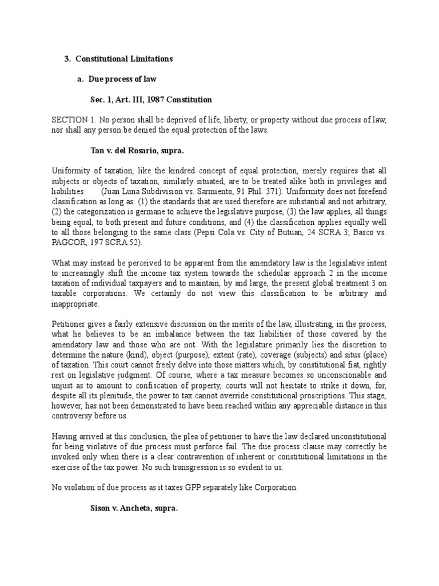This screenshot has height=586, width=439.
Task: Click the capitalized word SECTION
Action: (68, 120)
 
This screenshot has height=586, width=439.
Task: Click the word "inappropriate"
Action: (75, 304)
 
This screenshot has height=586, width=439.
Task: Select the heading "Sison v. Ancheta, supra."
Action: (134, 508)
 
